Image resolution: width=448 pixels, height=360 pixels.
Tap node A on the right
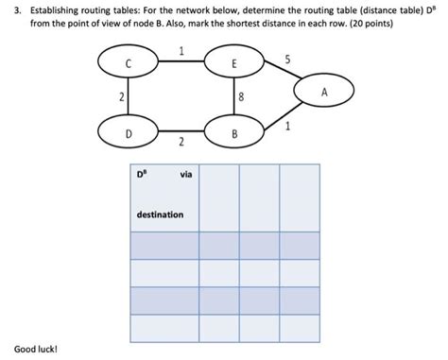pos(324,93)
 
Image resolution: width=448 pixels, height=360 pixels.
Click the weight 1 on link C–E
pos(181,51)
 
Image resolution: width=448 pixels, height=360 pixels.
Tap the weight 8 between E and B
pos(242,97)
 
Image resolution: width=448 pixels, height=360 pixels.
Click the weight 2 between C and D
pos(121,98)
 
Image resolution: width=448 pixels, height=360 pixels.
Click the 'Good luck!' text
pos(36,350)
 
